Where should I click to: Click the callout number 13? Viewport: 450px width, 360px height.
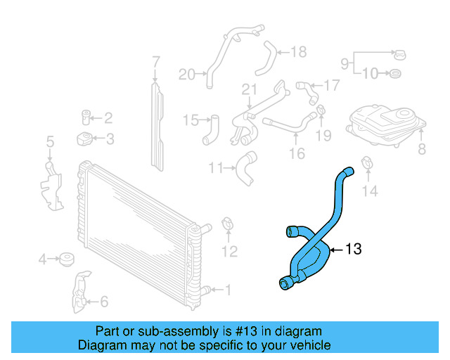tap(353, 249)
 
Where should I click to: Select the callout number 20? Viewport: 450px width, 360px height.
tap(186, 74)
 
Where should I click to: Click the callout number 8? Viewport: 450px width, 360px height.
tap(421, 148)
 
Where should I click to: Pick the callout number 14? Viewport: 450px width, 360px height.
tap(370, 191)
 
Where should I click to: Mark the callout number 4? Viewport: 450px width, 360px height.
tap(43, 260)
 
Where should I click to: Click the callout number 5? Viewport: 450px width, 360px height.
tap(50, 143)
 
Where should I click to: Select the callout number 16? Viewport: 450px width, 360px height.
tap(297, 153)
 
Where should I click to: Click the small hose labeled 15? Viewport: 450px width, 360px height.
tap(211, 131)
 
